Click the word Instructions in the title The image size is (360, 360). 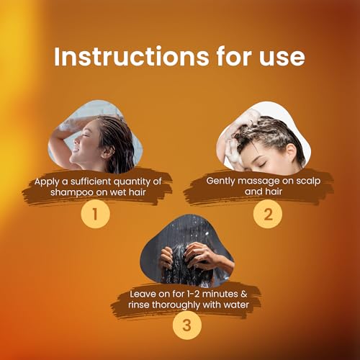pos(131,56)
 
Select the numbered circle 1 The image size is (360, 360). pos(95,213)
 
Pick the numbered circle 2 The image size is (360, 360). pos(268,214)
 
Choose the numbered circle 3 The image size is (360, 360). pos(187,325)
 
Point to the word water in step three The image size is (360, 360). pos(236,305)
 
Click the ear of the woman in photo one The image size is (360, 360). pos(105,151)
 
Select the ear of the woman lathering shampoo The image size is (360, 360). pos(290,152)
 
